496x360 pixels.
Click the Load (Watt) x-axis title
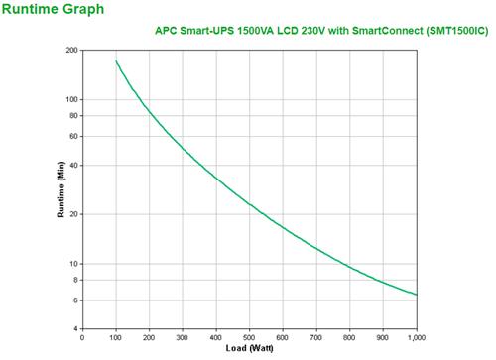(250, 350)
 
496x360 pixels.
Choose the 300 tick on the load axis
(184, 339)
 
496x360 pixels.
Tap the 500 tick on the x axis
(250, 339)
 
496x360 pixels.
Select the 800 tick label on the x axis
(349, 339)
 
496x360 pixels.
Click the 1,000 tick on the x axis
(415, 339)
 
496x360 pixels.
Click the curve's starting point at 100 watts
(117, 61)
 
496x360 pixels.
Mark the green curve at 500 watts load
(250, 205)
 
